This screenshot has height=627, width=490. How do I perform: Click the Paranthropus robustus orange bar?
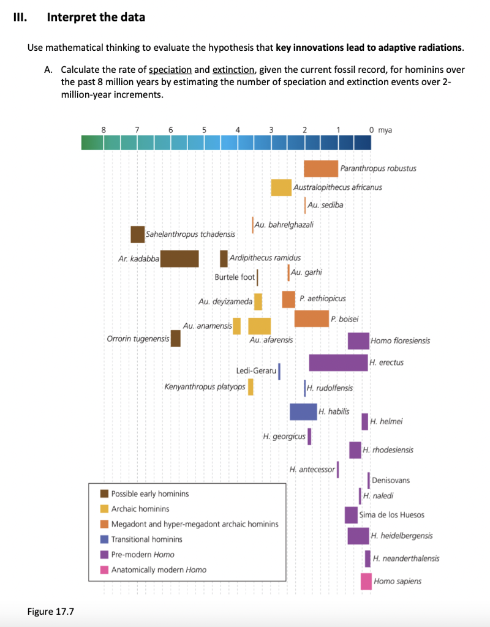321,168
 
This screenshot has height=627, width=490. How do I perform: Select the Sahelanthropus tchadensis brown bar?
138,235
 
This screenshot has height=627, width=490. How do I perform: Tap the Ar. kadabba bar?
179,259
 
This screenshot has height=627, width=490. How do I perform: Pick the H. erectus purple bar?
338,362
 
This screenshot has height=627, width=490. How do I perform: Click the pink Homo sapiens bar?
366,582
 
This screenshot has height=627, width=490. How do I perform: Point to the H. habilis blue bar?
303,412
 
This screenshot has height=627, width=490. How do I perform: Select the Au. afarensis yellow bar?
259,326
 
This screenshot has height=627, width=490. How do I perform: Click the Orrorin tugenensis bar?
175,339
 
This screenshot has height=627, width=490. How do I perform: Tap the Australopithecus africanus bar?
281,187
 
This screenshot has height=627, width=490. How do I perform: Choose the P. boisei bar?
312,318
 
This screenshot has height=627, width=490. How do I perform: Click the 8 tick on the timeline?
104,130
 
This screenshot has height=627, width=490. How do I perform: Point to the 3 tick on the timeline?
271,130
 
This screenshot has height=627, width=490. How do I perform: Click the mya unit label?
385,130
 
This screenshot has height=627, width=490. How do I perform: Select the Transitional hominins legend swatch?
104,539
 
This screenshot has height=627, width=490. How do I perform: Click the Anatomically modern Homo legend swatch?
104,570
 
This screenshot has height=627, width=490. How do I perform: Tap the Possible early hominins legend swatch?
104,494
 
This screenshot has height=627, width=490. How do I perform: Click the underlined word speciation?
170,70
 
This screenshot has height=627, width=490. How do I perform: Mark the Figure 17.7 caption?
51,612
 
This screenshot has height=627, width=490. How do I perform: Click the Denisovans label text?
391,480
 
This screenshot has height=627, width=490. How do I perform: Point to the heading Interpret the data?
96,17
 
